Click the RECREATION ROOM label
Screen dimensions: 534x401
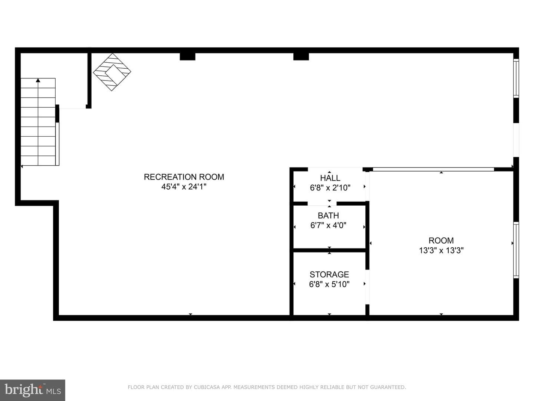click(x=184, y=177)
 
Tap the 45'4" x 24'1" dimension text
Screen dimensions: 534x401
click(x=184, y=187)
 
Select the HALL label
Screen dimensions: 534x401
click(x=330, y=178)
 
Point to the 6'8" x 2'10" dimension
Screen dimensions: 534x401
click(x=330, y=188)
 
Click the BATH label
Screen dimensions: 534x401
click(x=329, y=216)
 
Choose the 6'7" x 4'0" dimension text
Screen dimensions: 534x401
click(x=329, y=225)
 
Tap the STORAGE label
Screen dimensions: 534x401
click(x=329, y=275)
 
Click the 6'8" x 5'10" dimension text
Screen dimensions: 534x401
click(x=329, y=284)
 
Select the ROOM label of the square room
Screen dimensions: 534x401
click(x=441, y=241)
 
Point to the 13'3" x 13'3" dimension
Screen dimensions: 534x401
click(x=441, y=251)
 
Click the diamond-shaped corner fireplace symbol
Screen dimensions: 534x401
click(x=112, y=72)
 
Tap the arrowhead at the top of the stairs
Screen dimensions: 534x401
click(x=38, y=80)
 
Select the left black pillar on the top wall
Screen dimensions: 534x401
click(x=188, y=56)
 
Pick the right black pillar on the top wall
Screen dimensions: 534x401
click(x=301, y=56)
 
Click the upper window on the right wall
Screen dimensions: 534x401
click(x=516, y=78)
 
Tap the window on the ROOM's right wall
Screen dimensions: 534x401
click(x=516, y=250)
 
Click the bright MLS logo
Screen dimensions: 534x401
click(x=33, y=390)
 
